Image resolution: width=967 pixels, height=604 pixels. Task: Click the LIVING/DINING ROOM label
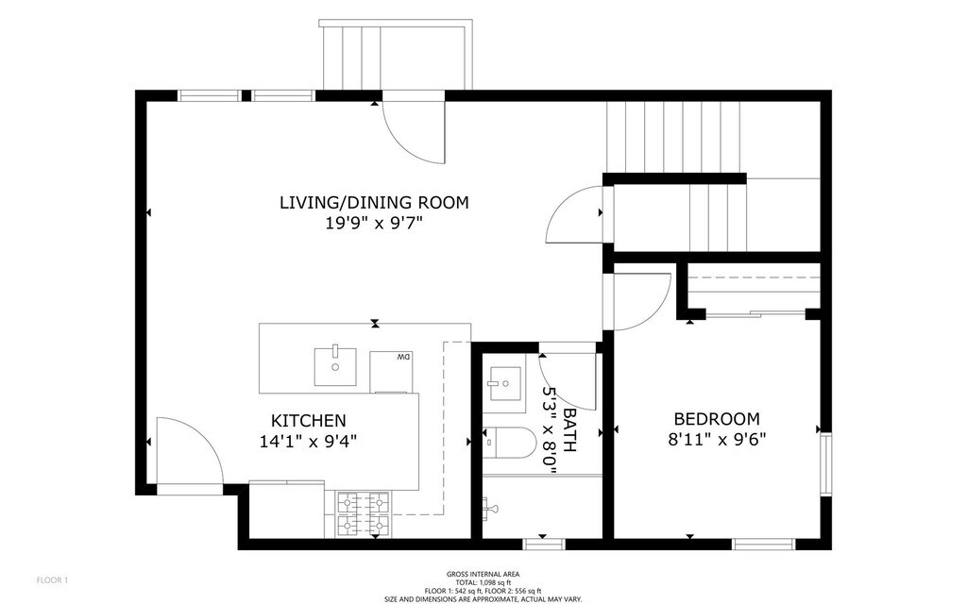tap(374, 202)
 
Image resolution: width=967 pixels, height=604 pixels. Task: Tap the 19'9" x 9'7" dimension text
tap(374, 223)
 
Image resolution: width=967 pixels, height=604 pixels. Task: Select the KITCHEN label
tap(309, 420)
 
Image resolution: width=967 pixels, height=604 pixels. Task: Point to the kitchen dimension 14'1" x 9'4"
tap(309, 442)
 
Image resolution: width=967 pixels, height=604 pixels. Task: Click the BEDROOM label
tap(717, 419)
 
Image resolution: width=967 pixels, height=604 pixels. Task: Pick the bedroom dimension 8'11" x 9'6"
tap(717, 440)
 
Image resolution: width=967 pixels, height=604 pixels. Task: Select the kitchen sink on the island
tap(335, 367)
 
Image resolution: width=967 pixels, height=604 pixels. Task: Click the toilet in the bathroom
tap(508, 442)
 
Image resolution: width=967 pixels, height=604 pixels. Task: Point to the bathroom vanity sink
tap(504, 383)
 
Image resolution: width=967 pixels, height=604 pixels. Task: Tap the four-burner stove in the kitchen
tap(364, 513)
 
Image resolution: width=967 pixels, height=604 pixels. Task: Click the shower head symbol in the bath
tap(491, 509)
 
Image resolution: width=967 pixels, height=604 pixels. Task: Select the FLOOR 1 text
tap(53, 580)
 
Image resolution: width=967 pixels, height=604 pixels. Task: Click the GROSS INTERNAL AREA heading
tap(483, 575)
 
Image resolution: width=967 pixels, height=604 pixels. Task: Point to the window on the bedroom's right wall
tap(825, 463)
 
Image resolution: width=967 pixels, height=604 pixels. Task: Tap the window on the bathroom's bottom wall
tap(544, 545)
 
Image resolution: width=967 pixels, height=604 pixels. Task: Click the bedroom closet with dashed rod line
tap(754, 287)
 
